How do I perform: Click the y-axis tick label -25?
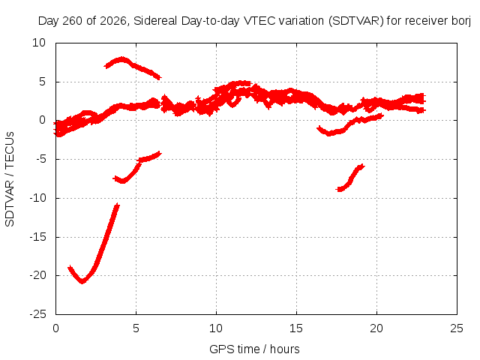(38, 314)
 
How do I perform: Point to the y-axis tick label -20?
(38, 275)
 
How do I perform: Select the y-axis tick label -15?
(38, 237)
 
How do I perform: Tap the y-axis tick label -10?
(38, 198)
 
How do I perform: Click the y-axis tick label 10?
(39, 43)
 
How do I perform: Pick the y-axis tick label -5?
(40, 159)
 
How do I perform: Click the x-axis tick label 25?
(457, 328)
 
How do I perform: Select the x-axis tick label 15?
(296, 328)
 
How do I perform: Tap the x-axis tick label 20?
(376, 328)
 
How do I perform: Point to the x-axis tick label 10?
(216, 328)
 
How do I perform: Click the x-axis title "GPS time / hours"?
(254, 349)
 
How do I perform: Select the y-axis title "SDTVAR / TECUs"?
(10, 179)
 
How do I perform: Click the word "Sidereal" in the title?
(155, 21)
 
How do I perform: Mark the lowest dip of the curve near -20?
(82, 282)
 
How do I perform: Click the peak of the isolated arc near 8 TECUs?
(122, 58)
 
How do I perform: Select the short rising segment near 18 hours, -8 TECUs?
(350, 178)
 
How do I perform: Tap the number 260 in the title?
(73, 21)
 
